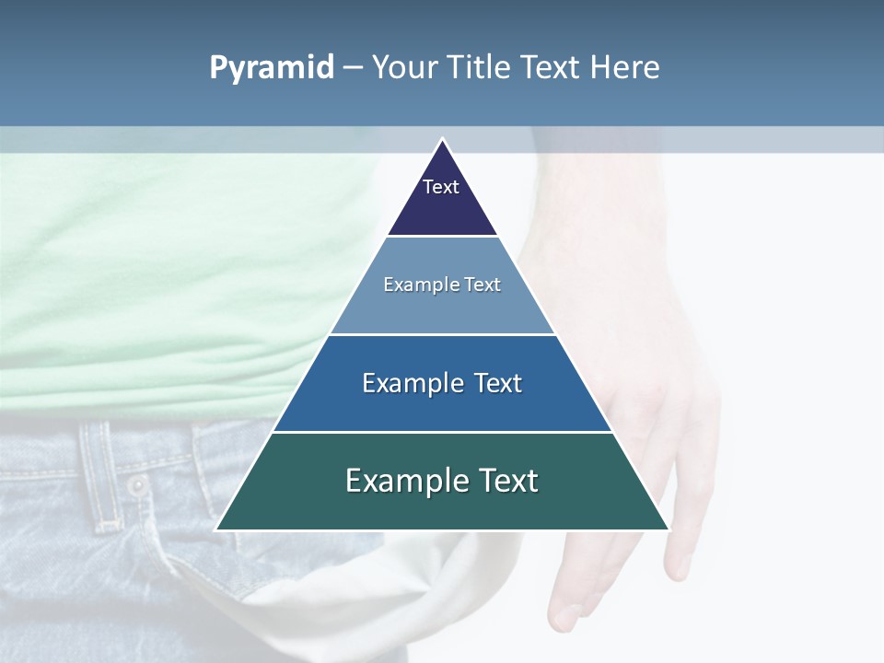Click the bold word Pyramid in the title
pyautogui.click(x=271, y=68)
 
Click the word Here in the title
pyautogui.click(x=624, y=68)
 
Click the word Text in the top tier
pyautogui.click(x=440, y=187)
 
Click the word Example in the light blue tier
pyautogui.click(x=413, y=285)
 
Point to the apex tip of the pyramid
pyautogui.click(x=442, y=141)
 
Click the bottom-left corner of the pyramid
pyautogui.click(x=218, y=529)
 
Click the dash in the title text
pyautogui.click(x=353, y=68)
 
